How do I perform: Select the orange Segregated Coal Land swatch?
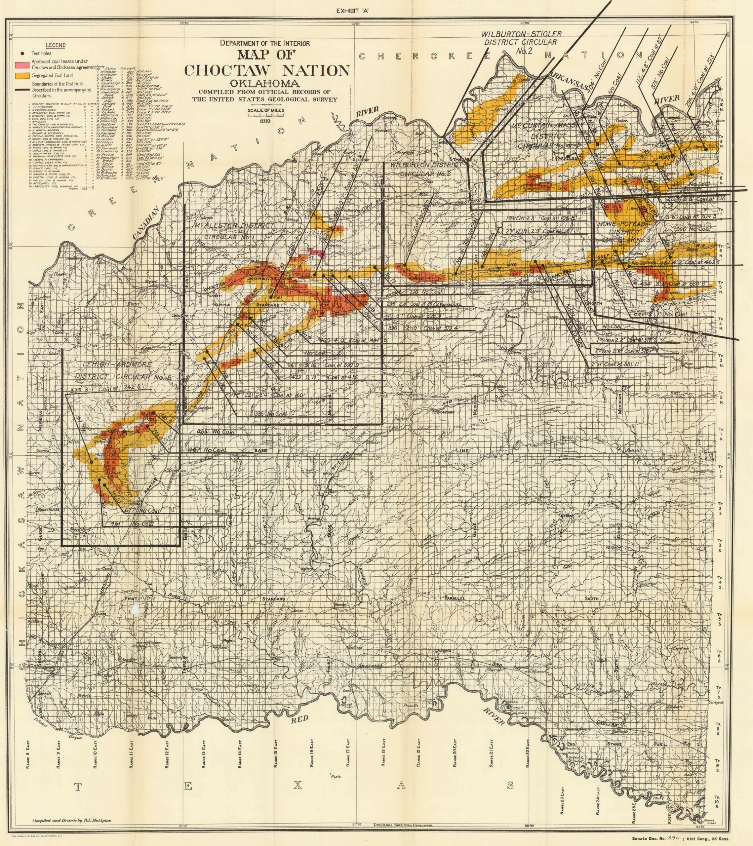(22, 76)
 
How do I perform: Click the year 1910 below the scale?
(264, 121)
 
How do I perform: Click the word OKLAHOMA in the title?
(266, 84)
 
